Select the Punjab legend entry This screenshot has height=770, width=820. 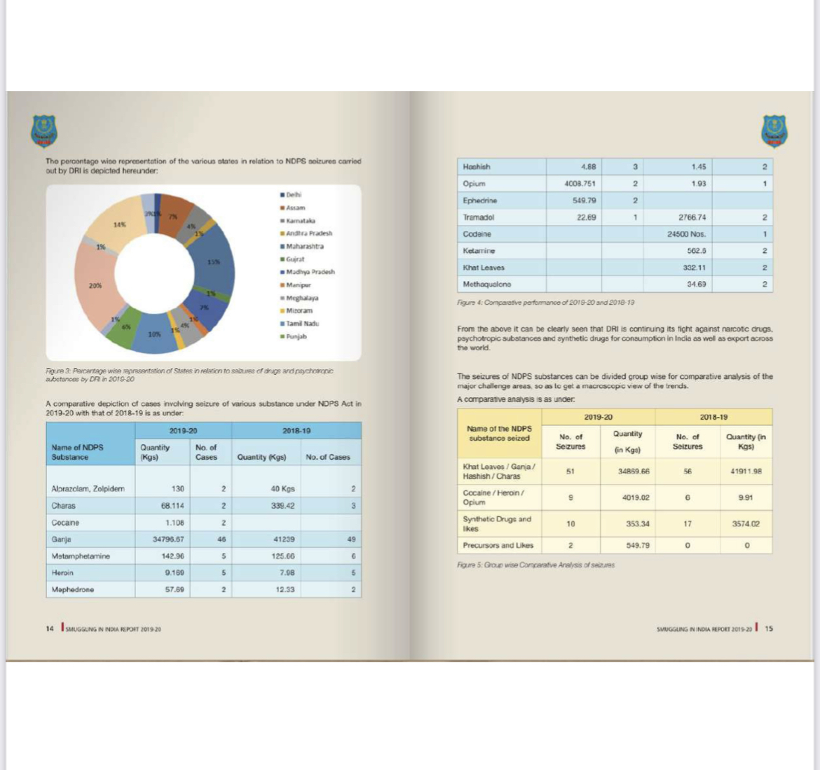[x=296, y=336]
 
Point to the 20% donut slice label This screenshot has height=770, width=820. [x=95, y=285]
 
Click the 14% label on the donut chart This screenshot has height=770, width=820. [x=120, y=224]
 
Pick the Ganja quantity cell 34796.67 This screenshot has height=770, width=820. [x=168, y=539]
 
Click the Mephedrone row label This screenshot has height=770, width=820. [x=72, y=589]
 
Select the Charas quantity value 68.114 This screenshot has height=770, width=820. [x=172, y=506]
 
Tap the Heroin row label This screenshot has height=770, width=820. [x=62, y=572]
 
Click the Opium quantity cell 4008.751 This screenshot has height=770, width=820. [x=580, y=184]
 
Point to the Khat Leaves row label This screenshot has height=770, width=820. [x=484, y=268]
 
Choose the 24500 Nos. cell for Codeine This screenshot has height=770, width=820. [x=686, y=234]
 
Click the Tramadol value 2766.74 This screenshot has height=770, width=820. [x=692, y=217]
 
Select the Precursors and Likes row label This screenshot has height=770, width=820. [x=498, y=545]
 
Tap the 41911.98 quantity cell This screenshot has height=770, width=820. [x=745, y=472]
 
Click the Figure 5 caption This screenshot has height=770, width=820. [x=535, y=565]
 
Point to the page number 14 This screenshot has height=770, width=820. [x=49, y=629]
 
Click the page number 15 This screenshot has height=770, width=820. [x=769, y=628]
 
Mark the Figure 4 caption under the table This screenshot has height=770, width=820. [x=546, y=302]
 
